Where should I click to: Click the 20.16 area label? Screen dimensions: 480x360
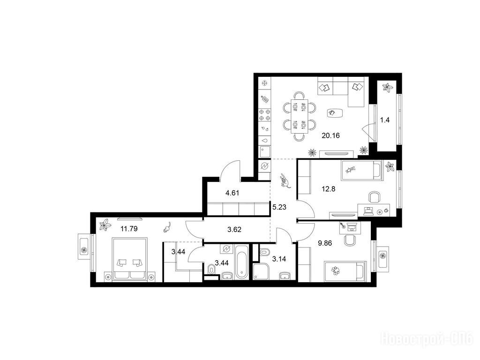point(330,135)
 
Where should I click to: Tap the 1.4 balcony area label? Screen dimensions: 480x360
point(385,120)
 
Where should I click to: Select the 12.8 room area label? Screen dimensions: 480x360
point(329,189)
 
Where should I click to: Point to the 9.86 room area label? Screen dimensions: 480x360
point(325,243)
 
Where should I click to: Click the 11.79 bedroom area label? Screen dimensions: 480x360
point(129,229)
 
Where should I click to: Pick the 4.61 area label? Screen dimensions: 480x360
point(232,193)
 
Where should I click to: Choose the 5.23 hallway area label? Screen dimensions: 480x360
point(279,207)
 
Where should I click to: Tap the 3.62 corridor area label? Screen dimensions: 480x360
point(234,230)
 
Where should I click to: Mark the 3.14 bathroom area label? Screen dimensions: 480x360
point(279,259)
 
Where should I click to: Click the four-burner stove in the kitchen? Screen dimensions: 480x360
point(265,115)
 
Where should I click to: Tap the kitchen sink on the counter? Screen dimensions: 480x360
point(265,152)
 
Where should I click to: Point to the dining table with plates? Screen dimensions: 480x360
point(300,116)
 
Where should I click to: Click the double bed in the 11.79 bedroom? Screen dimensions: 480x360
point(130,259)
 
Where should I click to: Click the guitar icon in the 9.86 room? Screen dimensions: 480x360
point(344,226)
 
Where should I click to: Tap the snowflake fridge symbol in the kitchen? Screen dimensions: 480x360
point(265,83)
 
